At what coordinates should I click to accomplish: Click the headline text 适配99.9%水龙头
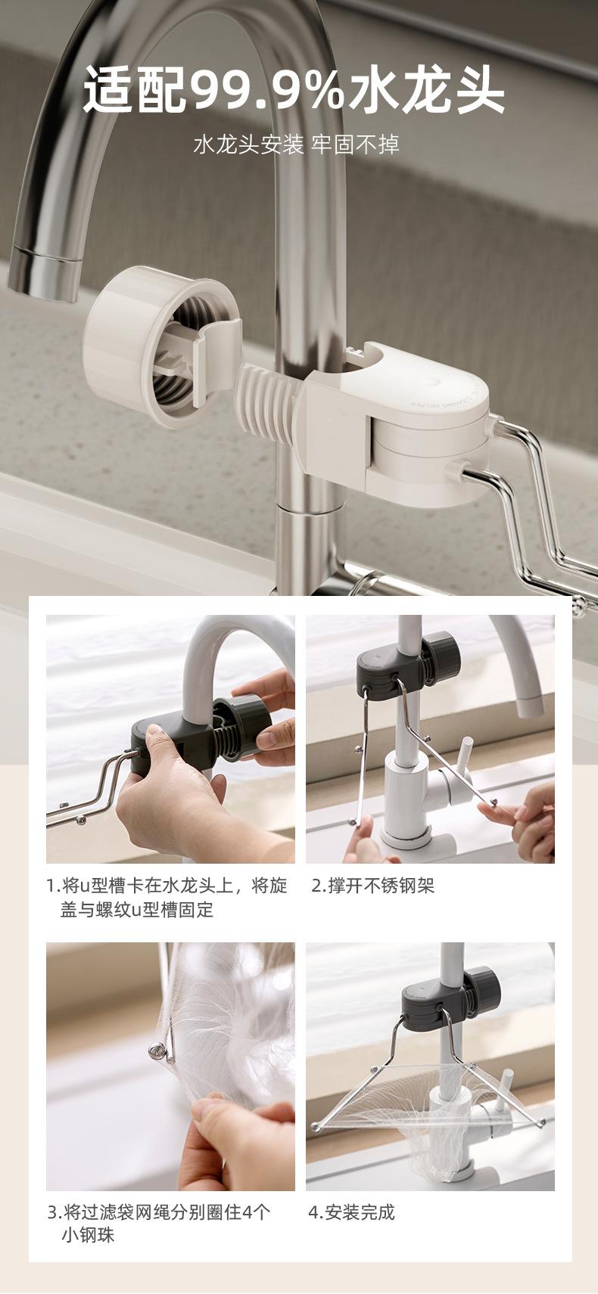point(294,89)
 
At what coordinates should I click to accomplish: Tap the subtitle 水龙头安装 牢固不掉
point(296,144)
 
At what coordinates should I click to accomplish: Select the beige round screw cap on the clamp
point(151,346)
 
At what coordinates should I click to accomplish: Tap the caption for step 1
point(167,897)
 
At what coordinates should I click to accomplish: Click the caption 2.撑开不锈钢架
point(372,886)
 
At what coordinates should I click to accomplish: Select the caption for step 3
point(158,1223)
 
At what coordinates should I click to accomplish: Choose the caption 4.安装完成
point(352,1212)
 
